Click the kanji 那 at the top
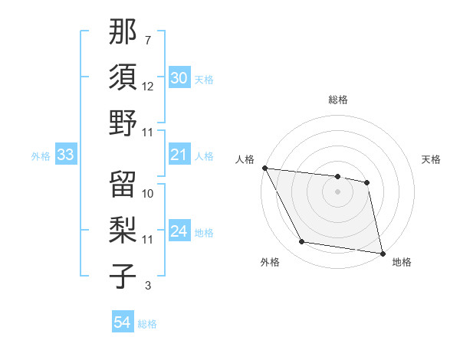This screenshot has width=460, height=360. point(123,32)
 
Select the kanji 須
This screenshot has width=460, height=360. point(123,77)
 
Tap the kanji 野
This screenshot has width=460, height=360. point(123,123)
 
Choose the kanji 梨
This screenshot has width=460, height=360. point(123,228)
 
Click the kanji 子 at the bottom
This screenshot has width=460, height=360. point(123,274)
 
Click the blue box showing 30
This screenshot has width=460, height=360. point(179,78)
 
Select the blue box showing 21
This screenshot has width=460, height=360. point(179,155)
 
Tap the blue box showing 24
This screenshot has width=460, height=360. point(179,232)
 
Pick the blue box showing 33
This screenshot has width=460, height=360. point(65,155)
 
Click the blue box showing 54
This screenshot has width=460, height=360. point(123,322)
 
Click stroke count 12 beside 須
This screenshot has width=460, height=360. point(148,87)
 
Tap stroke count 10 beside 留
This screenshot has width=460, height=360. point(148,193)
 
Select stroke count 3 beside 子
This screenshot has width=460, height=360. point(148,286)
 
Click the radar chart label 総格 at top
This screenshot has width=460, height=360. point(338,100)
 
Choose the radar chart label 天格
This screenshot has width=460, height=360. point(432,159)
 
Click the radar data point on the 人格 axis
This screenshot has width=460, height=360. point(264,168)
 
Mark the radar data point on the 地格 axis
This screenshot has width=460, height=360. point(381,253)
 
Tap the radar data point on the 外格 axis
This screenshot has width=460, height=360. point(302,243)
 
